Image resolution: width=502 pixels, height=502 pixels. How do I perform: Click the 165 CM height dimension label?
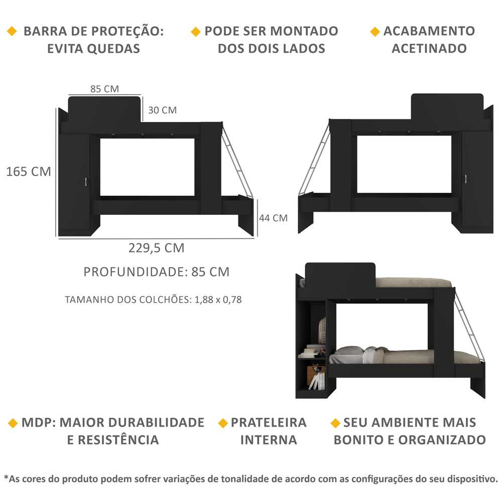[x=29, y=172]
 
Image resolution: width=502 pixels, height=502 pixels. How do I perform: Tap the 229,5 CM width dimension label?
[x=156, y=248]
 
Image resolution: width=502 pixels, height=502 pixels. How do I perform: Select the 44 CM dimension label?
[x=274, y=218]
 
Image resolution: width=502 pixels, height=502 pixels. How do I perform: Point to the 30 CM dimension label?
[x=162, y=110]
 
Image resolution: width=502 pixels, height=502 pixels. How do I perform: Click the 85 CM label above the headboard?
[x=104, y=89]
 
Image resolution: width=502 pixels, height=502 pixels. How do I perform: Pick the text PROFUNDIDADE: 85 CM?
[x=156, y=272]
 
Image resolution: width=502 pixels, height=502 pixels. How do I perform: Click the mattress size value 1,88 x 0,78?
[x=218, y=300]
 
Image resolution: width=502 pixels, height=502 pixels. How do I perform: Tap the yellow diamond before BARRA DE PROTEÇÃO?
[x=12, y=31]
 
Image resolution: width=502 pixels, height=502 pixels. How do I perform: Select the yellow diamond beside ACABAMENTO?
[x=374, y=32]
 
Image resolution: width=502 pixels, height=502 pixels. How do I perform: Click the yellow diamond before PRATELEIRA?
[x=223, y=423]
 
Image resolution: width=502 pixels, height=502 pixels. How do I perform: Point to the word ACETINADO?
[x=429, y=49]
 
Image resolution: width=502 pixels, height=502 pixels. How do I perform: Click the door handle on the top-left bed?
[x=86, y=182]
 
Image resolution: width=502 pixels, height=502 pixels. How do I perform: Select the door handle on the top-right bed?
[x=465, y=179]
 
